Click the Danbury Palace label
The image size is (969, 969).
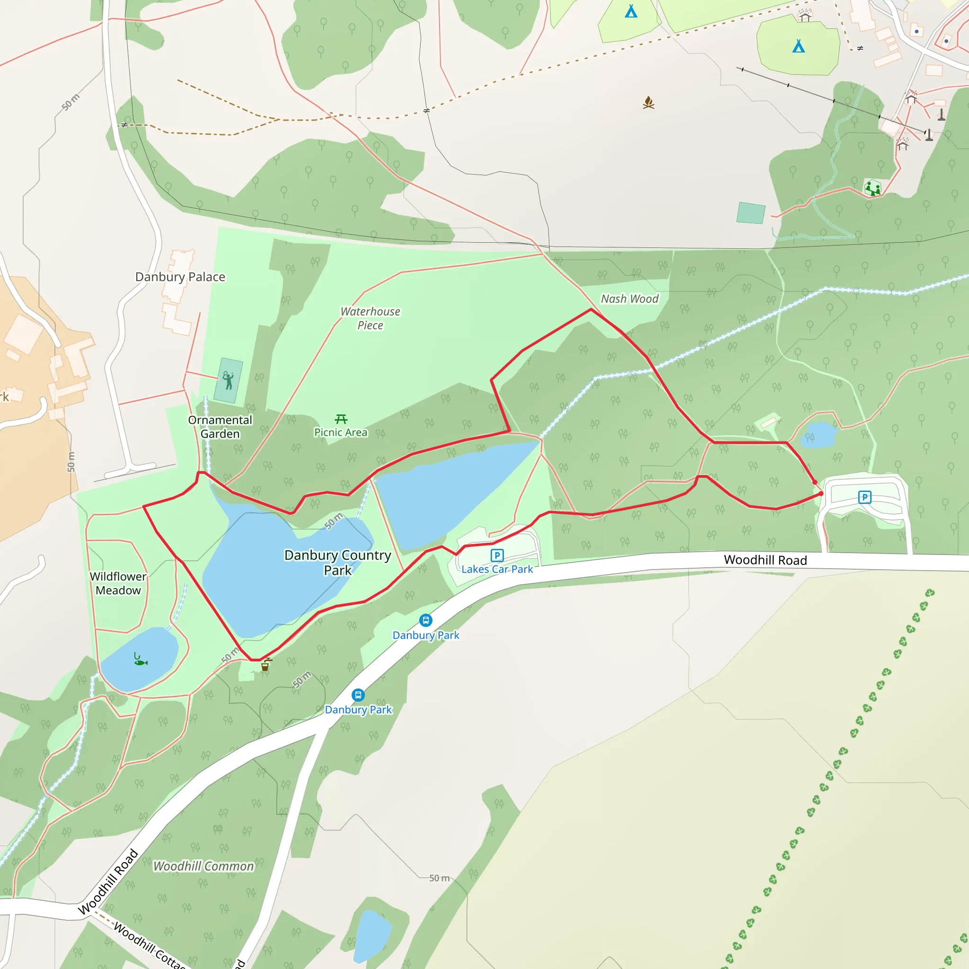(x=180, y=277)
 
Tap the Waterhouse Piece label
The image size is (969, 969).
(x=370, y=318)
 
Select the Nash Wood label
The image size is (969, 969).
(x=629, y=299)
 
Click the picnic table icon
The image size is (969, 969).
(x=341, y=419)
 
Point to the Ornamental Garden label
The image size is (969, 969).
(x=220, y=427)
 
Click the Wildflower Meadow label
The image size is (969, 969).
(x=118, y=583)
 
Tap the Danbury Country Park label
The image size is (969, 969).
(x=337, y=562)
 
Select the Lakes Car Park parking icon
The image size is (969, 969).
(x=496, y=555)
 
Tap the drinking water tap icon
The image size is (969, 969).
(x=266, y=665)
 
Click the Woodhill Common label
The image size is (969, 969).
(x=203, y=866)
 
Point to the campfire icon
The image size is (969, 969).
(x=649, y=103)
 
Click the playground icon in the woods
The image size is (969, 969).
(x=872, y=188)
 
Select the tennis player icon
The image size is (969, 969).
(x=228, y=380)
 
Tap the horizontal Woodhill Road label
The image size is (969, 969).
(x=766, y=560)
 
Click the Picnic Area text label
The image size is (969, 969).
(x=341, y=432)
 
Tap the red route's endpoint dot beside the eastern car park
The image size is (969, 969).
(x=821, y=493)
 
